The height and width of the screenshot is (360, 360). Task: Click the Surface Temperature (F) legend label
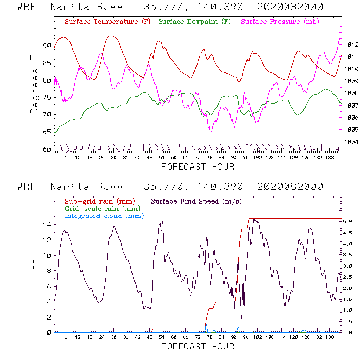108,22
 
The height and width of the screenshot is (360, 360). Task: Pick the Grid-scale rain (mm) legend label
101,209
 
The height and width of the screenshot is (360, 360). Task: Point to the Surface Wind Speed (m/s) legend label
197,201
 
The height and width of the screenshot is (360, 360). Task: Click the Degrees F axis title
34,84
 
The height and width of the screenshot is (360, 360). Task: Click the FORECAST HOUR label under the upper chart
198,167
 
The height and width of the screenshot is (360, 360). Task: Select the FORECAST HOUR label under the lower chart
198,346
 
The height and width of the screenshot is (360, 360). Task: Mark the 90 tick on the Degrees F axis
47,46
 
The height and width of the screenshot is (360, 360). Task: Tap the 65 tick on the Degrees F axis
47,132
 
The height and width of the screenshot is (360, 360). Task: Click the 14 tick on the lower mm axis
47,224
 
